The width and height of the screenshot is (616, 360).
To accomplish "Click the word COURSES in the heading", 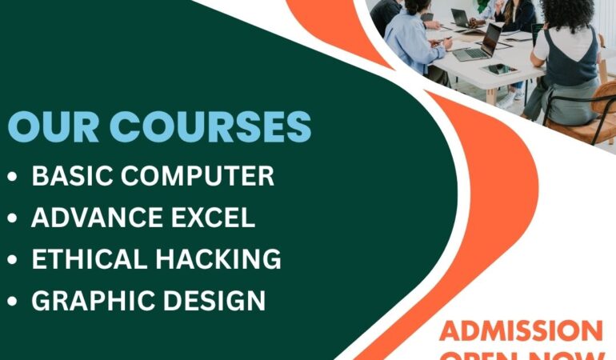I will tap(210, 129).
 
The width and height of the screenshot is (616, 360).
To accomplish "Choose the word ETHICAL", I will tap(87, 259).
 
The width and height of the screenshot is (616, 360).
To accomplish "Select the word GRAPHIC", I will tap(89, 301).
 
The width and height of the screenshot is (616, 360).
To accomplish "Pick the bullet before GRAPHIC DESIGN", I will tap(11, 302).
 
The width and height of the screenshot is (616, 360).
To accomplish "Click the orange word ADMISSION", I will tap(521, 330).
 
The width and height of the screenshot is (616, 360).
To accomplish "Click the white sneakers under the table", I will tap(506, 100).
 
